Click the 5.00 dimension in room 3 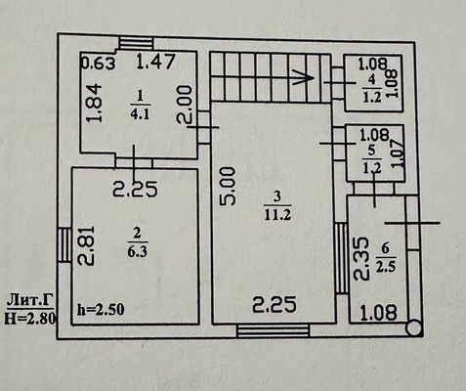click(x=228, y=187)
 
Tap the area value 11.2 click(x=277, y=215)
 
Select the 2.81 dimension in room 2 click(x=86, y=245)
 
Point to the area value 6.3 click(x=138, y=252)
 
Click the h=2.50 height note click(x=101, y=310)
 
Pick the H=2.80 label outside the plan click(x=29, y=318)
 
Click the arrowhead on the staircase click(x=304, y=77)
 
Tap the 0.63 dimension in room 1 click(x=98, y=64)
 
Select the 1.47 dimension click(x=156, y=62)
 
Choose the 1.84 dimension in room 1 click(x=95, y=103)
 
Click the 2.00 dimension click(x=184, y=105)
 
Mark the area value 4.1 click(x=140, y=114)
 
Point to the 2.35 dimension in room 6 click(x=361, y=259)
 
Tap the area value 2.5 click(x=386, y=267)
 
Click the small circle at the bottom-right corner click(x=414, y=328)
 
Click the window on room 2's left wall click(x=64, y=245)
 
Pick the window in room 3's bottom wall click(x=273, y=330)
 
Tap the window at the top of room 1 click(x=136, y=44)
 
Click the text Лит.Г click(x=30, y=301)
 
